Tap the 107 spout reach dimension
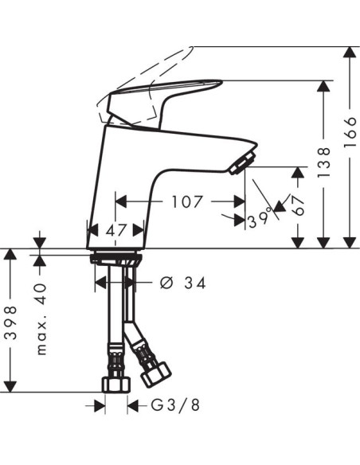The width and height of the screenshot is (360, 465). [186, 201]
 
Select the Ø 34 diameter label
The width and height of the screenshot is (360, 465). [182, 283]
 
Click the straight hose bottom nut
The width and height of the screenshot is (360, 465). [116, 384]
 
